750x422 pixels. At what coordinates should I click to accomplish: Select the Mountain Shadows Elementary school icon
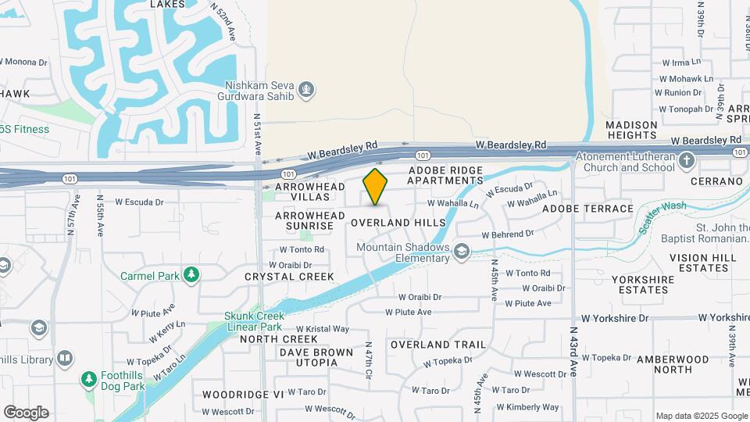click(x=462, y=251)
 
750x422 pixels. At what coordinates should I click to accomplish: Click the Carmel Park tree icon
click(x=191, y=275)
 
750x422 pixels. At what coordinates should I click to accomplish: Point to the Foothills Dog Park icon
click(x=89, y=379)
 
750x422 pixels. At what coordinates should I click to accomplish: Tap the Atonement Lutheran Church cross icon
click(x=687, y=162)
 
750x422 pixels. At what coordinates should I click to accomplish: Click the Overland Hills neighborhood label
click(x=398, y=223)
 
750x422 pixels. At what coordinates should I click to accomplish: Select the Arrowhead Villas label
click(x=302, y=192)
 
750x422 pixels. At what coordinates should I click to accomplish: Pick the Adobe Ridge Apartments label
click(x=445, y=175)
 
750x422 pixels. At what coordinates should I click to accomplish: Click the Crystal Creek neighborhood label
click(x=289, y=277)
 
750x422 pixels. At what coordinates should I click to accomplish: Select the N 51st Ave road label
click(x=257, y=135)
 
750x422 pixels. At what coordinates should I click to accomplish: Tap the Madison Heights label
click(x=631, y=130)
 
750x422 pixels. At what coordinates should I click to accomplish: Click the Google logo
click(x=26, y=413)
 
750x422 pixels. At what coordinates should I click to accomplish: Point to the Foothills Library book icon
click(x=65, y=359)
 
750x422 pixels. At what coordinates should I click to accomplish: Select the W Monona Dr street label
click(x=23, y=60)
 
